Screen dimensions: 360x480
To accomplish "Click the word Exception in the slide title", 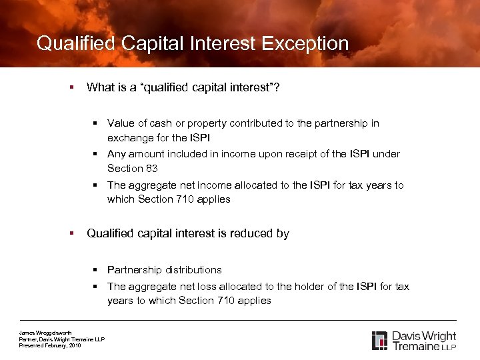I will coord(305,44).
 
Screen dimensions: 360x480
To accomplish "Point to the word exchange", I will coord(131,137).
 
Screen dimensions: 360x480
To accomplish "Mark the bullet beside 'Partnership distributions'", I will coord(96,270).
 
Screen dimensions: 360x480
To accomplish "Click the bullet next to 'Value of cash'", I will coord(96,123).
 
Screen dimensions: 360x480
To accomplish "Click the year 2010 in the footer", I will coord(74,345).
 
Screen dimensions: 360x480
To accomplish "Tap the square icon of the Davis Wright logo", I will coord(379,340).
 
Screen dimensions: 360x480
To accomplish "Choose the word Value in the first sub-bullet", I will coord(120,123).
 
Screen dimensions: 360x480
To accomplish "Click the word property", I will coord(206,123).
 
